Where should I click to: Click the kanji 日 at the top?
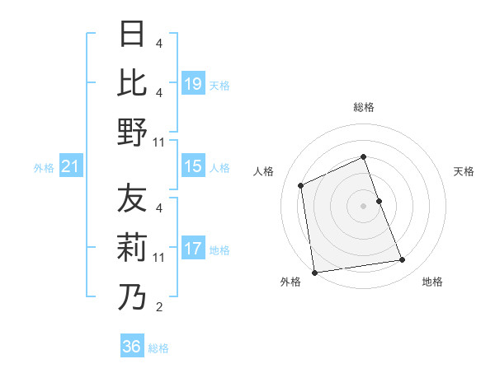pos(132,35)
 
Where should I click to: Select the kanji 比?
pos(132,82)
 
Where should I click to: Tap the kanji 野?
pos(132,131)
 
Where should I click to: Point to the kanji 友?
pos(132,198)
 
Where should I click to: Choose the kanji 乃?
pos(132,296)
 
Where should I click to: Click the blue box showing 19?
pos(193,83)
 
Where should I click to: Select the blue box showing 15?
pos(193,166)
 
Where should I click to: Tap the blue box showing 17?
pos(193,249)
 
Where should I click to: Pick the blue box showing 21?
pos(71,166)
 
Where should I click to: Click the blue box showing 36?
pos(132,347)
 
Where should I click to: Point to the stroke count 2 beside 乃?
pos(159,308)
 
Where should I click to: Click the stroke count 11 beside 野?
pos(159,142)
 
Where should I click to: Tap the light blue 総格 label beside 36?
pos(159,348)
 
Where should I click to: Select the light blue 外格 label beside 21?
pos(44,168)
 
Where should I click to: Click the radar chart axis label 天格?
pos(464,171)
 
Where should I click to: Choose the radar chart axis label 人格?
pos(264,171)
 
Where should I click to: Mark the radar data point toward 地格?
pos(403,260)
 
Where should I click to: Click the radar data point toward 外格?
pos(314,272)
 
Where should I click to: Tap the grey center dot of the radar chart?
pos(363,205)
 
